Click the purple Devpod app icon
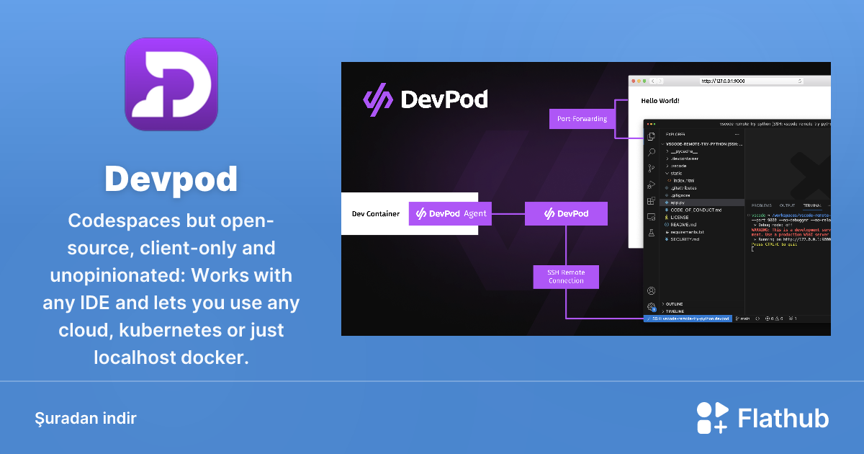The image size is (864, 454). [x=171, y=84]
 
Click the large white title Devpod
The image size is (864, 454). [x=171, y=178]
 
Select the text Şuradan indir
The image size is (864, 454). [x=86, y=418]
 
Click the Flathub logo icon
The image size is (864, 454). [x=712, y=418]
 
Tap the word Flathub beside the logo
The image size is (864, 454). [x=783, y=418]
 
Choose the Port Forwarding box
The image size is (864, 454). [x=582, y=119]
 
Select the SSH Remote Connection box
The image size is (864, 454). [x=566, y=276]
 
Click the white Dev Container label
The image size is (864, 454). [x=375, y=213]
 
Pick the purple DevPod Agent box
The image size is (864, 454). [x=451, y=213]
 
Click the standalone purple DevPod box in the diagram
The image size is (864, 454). [x=566, y=213]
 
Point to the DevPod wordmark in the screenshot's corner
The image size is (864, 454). [x=426, y=99]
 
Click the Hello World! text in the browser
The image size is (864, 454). [x=660, y=101]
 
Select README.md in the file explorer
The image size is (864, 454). [x=684, y=224]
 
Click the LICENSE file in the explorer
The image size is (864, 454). [x=680, y=217]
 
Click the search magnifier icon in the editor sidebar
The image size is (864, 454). [x=651, y=152]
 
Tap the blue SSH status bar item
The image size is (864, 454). [x=688, y=318]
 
